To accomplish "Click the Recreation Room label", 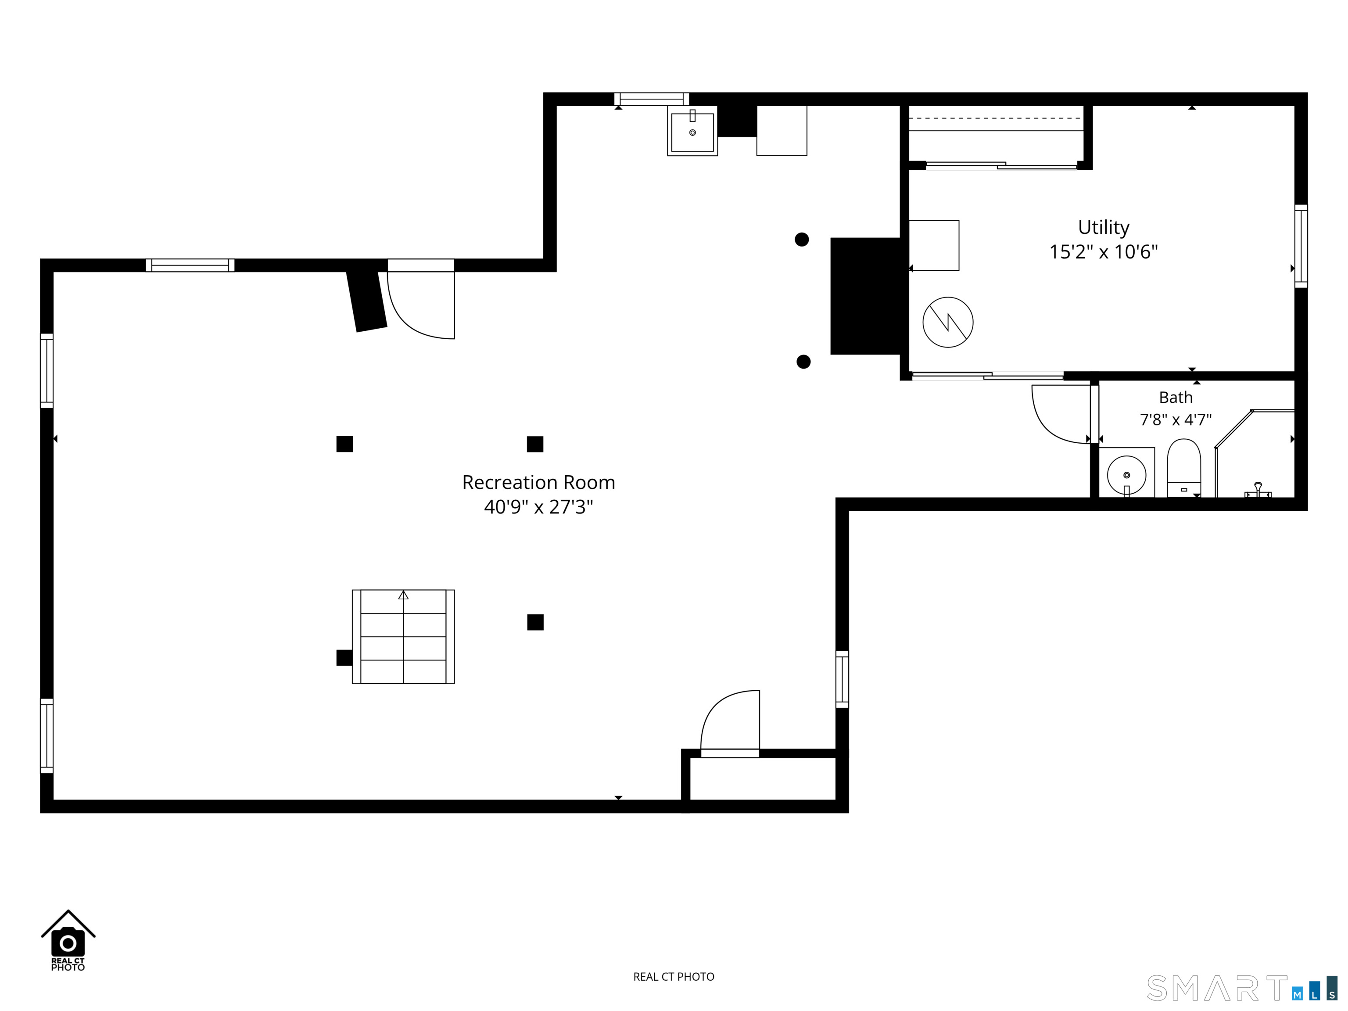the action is click(539, 482).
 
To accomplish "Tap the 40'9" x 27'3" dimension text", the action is click(539, 506).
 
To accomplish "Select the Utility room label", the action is click(1104, 228).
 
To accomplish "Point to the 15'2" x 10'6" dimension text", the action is click(1104, 252).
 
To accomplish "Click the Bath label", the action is click(1176, 397).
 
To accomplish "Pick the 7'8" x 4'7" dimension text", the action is click(1176, 419).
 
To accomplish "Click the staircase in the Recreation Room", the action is click(403, 636).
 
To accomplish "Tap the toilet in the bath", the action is click(1183, 468).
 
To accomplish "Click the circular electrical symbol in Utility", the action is click(948, 323).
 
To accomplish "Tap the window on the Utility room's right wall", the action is click(1301, 246).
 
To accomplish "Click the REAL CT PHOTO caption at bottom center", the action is click(674, 977).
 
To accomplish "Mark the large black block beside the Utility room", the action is click(866, 296).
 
